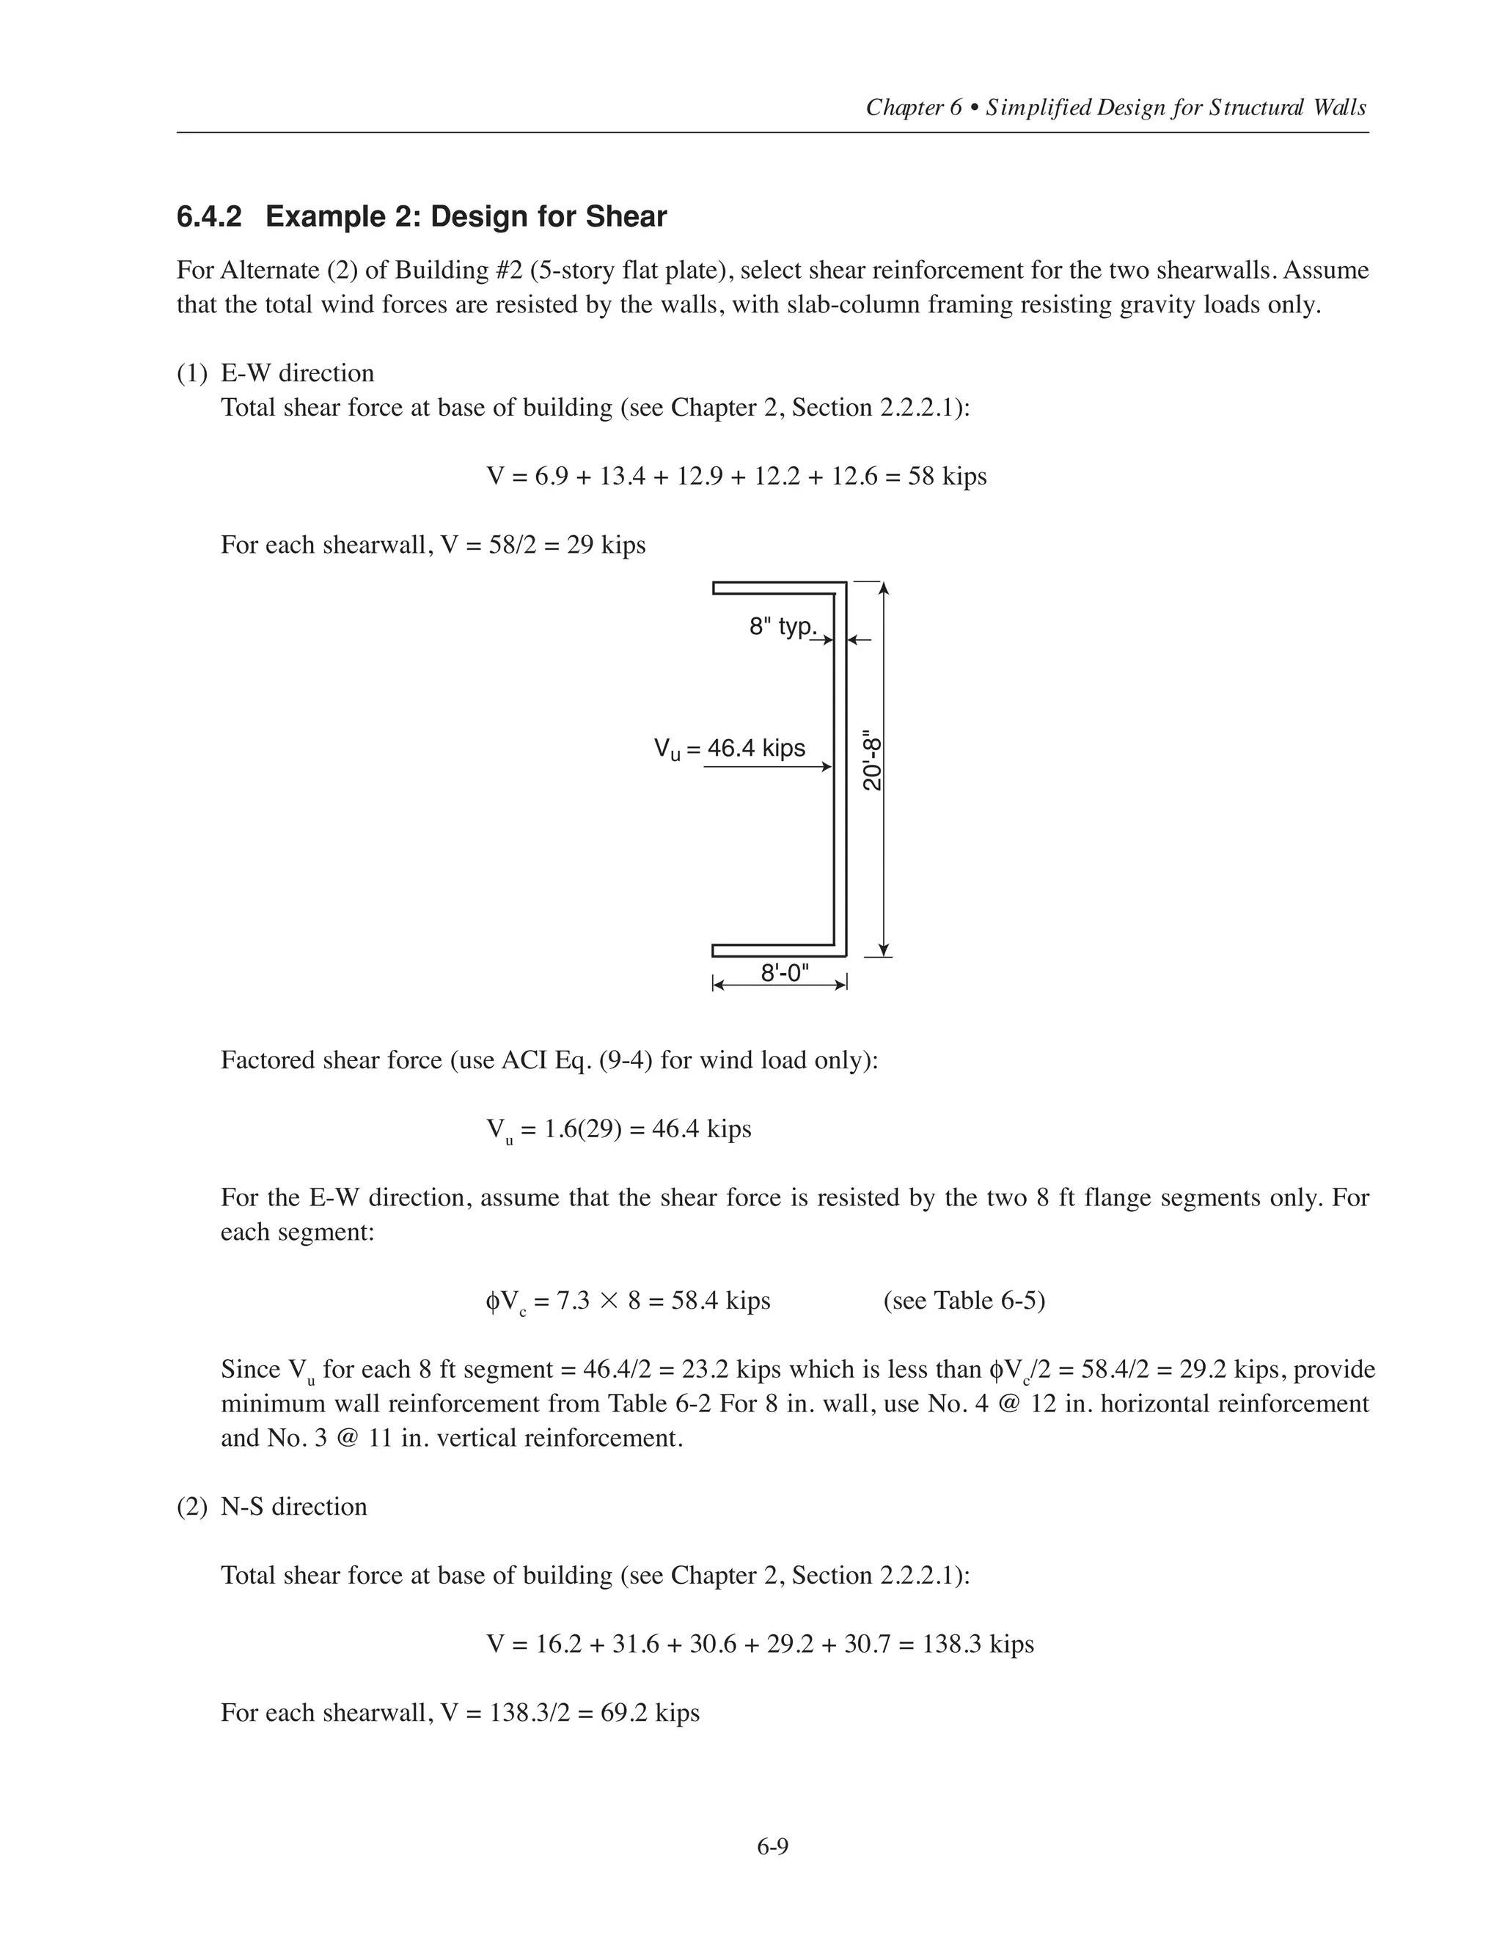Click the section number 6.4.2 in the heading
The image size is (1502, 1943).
tap(209, 217)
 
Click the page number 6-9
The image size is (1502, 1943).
tap(772, 1847)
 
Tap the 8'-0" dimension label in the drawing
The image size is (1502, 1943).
tap(785, 972)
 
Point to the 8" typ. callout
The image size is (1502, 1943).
tap(782, 626)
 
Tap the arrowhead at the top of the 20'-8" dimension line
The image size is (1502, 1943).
tap(884, 589)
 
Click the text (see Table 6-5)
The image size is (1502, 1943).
tap(964, 1301)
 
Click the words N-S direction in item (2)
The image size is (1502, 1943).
tap(293, 1506)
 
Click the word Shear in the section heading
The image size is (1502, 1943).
tap(626, 217)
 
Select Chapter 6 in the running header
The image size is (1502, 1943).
tap(914, 108)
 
